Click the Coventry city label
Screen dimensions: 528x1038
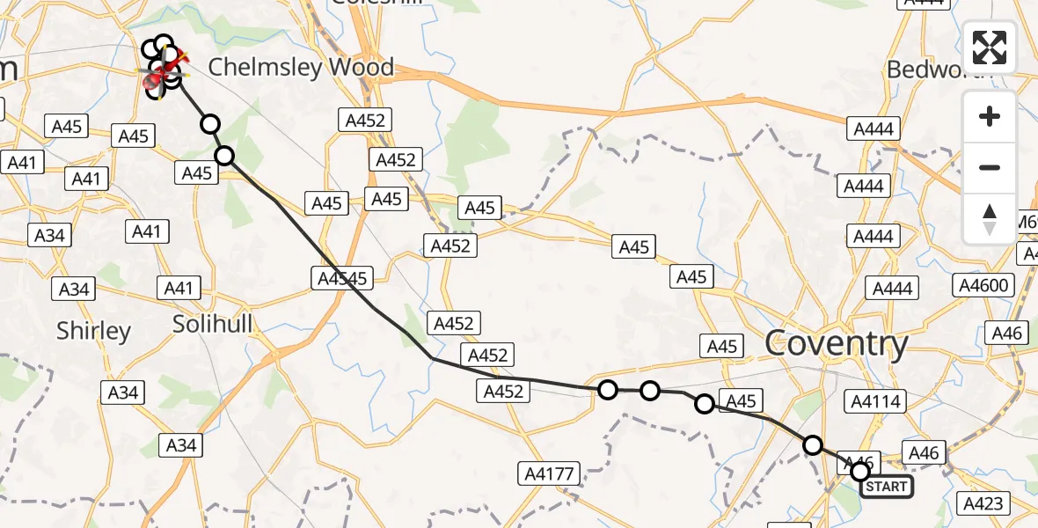(836, 344)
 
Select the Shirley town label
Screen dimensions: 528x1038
(93, 331)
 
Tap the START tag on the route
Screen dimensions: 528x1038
(886, 487)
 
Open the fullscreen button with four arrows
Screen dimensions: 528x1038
(990, 48)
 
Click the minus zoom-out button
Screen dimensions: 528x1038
(990, 167)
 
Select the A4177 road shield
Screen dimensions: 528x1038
(552, 474)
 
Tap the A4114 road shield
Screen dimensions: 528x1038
(874, 402)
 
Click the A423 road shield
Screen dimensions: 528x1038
(983, 503)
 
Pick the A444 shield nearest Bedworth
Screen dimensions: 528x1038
(874, 129)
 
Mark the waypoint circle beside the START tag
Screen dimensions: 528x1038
(860, 472)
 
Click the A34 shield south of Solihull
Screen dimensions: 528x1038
(180, 445)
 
